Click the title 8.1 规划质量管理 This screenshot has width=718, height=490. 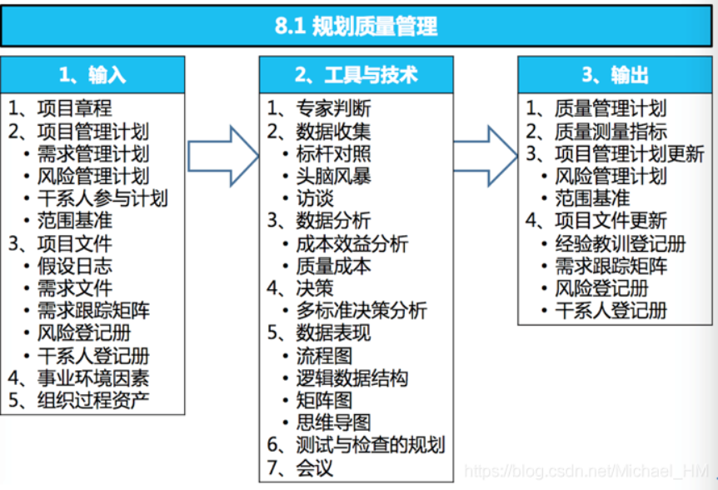(356, 26)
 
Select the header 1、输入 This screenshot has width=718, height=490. (92, 75)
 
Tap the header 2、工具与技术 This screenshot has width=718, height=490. (357, 75)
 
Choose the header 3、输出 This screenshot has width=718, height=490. (615, 75)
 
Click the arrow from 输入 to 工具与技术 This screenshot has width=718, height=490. (223, 156)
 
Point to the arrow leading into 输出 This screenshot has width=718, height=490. (486, 156)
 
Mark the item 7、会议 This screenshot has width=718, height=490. (301, 467)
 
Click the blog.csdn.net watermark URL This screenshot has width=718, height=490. (586, 471)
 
